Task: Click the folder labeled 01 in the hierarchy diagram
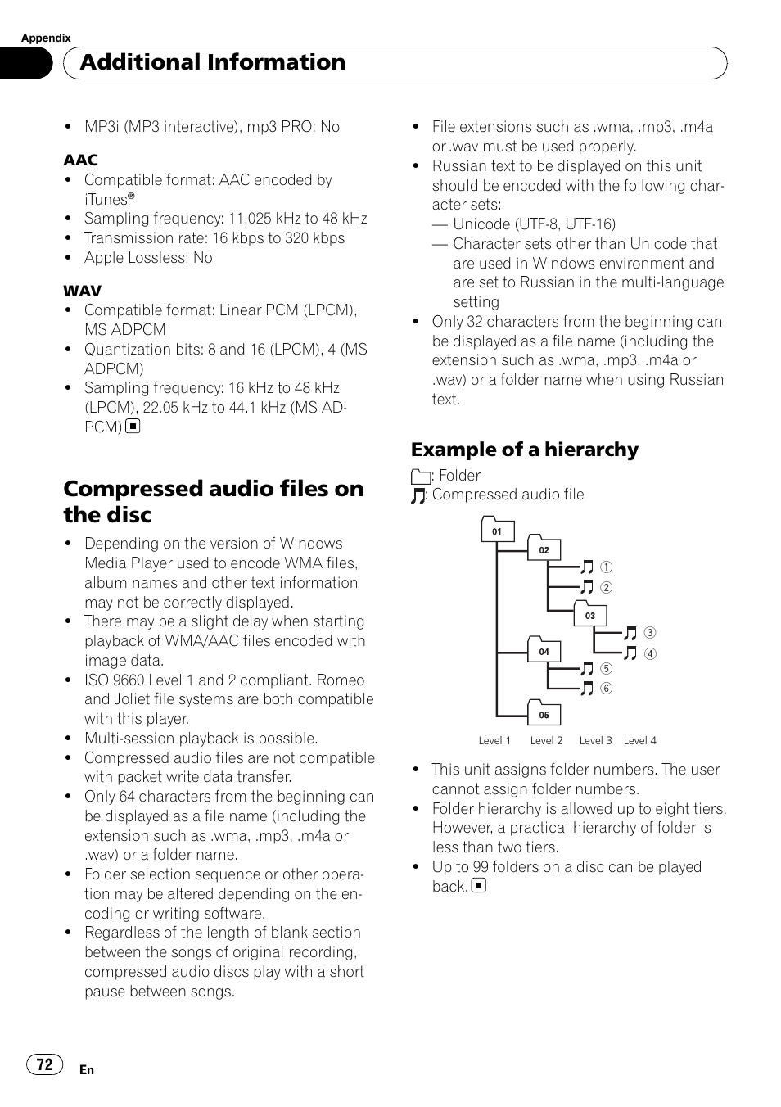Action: (x=497, y=531)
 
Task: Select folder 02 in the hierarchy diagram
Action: (x=544, y=549)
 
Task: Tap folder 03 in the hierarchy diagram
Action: (x=590, y=615)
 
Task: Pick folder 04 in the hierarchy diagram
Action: (x=544, y=651)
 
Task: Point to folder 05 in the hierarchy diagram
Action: (x=544, y=714)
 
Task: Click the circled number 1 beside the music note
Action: (x=607, y=567)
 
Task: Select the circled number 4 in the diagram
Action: (x=650, y=653)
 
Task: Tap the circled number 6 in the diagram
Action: (x=607, y=689)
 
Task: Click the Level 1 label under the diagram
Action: (x=494, y=740)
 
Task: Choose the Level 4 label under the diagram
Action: (x=640, y=740)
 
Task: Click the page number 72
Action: (x=45, y=1064)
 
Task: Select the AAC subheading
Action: (x=81, y=160)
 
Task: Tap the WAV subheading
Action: (x=83, y=291)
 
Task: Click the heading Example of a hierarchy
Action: (x=525, y=450)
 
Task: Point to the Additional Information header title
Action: (x=213, y=62)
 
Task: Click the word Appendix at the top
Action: (x=46, y=38)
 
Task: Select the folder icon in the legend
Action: (x=420, y=477)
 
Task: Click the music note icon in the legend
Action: (x=418, y=495)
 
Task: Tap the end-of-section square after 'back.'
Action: (x=479, y=885)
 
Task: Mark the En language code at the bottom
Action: (x=87, y=1069)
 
